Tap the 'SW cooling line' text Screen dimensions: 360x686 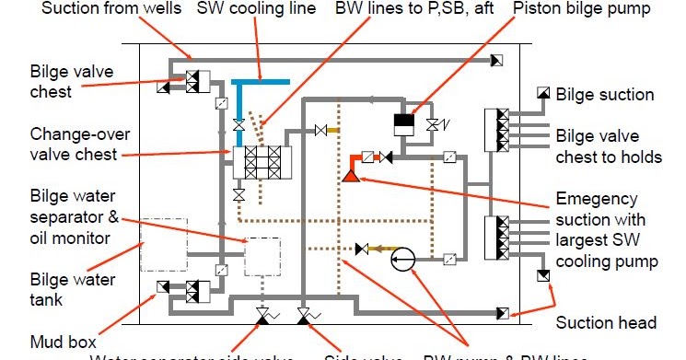click(257, 9)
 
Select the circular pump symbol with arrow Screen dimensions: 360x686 click(402, 261)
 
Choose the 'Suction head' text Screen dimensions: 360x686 click(606, 323)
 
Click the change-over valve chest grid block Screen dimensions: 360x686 click(262, 163)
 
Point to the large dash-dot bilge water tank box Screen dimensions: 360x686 click(163, 245)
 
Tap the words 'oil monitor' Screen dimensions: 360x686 click(56, 238)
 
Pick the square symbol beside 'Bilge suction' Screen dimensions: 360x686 click(542, 93)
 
